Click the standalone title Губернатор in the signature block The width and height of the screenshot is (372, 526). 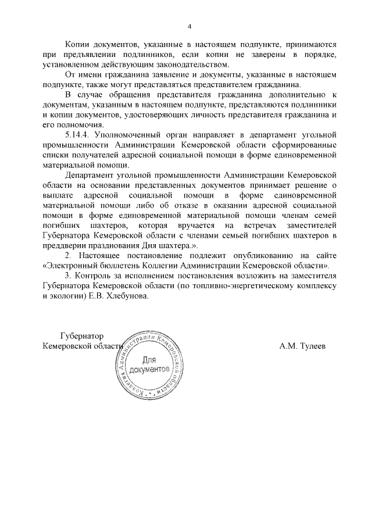tap(81, 336)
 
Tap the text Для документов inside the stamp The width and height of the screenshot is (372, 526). tap(149, 365)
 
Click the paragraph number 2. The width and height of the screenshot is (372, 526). tap(67, 256)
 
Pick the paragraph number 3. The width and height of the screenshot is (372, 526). tap(67, 276)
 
